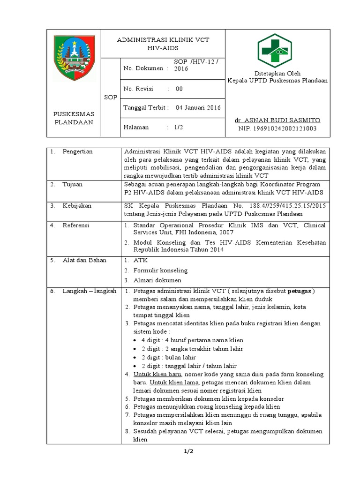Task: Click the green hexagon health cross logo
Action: coord(275,51)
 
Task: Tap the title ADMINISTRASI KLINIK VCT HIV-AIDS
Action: coord(163,44)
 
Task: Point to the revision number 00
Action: coord(179,88)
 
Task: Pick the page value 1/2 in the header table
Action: coord(179,127)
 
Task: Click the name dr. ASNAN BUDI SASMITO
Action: coord(277,120)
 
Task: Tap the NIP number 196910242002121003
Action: coord(277,128)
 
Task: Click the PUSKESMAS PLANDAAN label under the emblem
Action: coord(74,118)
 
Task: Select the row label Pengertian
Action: coord(77,151)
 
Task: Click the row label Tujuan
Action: coord(73,184)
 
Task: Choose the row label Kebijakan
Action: coord(77,206)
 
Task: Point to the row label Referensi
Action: coord(76,225)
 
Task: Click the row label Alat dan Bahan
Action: coord(84,260)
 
